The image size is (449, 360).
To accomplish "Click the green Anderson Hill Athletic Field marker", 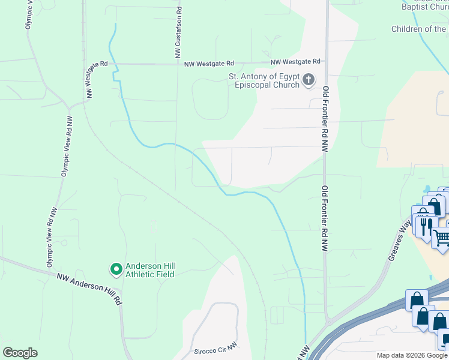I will tap(116, 270).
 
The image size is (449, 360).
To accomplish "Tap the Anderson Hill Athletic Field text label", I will tap(149, 271).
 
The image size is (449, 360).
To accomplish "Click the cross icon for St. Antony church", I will tap(309, 79).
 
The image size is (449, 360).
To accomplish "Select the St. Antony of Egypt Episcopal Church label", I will tap(264, 80).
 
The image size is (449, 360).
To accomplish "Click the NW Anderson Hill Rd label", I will tap(89, 288).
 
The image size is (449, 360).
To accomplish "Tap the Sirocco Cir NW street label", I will tap(217, 352).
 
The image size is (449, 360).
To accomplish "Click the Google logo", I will tap(20, 353).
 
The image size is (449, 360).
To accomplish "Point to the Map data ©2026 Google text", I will tap(412, 355).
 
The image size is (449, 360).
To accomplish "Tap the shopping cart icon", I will tap(441, 238).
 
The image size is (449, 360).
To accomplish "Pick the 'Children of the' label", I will tap(419, 29).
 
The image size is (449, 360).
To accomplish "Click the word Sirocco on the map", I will tap(205, 352).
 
